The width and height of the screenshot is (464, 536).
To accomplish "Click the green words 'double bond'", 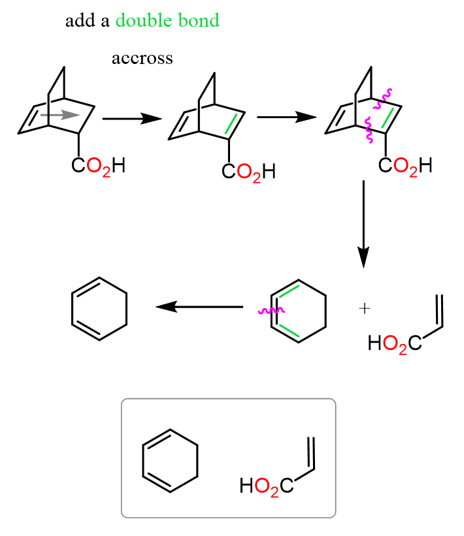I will [x=167, y=21].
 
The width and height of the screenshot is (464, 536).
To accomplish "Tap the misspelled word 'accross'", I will [x=142, y=59].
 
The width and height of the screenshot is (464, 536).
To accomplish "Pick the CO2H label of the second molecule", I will [x=248, y=172].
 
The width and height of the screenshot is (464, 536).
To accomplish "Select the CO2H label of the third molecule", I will [x=405, y=166].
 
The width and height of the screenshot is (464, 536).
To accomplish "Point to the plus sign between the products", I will [x=364, y=307].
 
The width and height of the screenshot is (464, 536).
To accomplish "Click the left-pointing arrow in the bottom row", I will [x=199, y=306].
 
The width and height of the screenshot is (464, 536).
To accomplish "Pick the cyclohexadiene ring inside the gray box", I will [x=171, y=460].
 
